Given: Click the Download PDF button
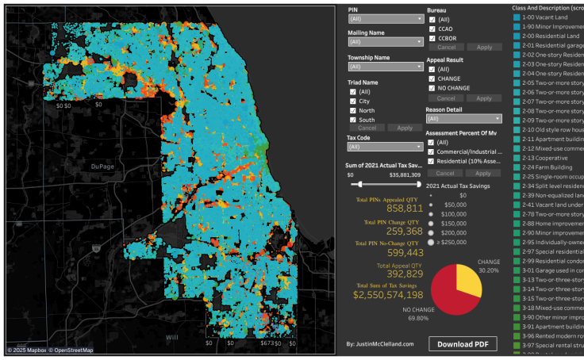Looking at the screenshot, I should (x=463, y=343).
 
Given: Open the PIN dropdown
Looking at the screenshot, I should (x=384, y=17).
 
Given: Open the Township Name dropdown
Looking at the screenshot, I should (x=384, y=67).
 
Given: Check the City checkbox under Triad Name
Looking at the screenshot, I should (x=352, y=101).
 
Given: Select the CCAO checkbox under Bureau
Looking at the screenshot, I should (x=432, y=28).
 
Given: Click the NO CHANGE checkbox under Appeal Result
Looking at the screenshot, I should (x=432, y=87).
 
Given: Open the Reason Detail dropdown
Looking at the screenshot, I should (x=463, y=118).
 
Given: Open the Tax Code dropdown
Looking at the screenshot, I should (x=384, y=147).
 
